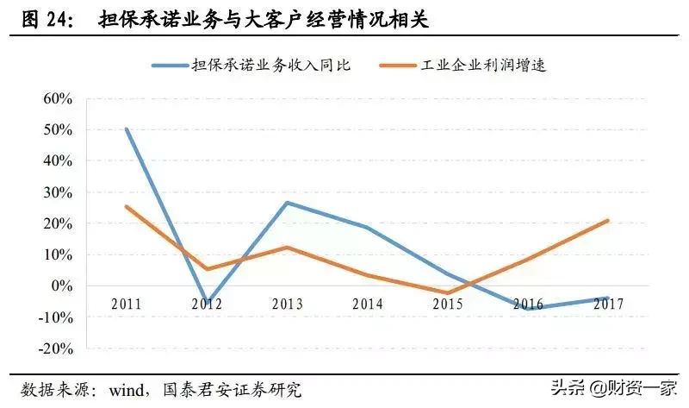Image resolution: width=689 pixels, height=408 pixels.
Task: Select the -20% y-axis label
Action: [x=53, y=348]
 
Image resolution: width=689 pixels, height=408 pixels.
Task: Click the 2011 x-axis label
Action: [x=126, y=304]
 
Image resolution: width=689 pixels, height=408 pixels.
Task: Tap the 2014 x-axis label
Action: [x=367, y=304]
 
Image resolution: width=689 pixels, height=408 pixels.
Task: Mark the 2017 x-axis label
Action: [x=608, y=304]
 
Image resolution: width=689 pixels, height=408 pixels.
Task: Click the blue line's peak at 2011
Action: [x=126, y=129]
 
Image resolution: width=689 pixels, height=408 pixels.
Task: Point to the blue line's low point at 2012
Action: [x=207, y=301]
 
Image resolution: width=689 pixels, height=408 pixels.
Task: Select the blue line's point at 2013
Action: [x=286, y=203]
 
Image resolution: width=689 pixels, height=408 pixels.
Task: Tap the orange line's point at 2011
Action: [x=126, y=206]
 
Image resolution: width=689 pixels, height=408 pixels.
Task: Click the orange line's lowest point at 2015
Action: [x=446, y=293]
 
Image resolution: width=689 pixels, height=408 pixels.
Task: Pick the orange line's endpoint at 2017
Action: [x=608, y=220]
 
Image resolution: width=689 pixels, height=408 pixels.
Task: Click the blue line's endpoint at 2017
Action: [x=608, y=298]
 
